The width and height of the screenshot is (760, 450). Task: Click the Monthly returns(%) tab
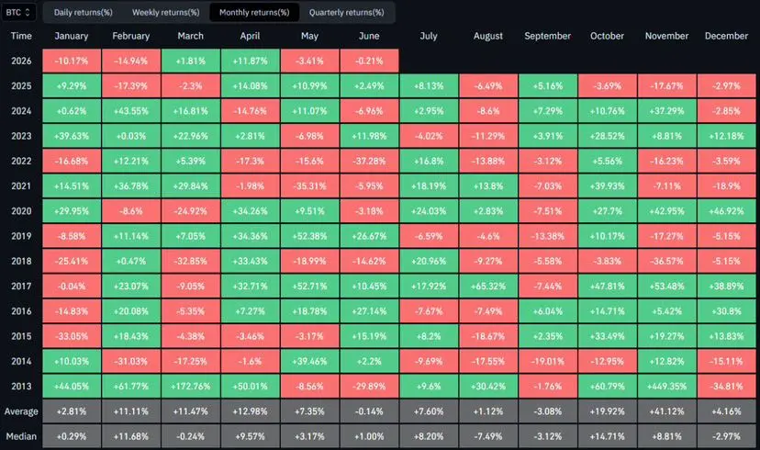[254, 13]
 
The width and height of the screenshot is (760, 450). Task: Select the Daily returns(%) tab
[83, 13]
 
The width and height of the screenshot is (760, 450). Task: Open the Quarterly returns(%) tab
[347, 13]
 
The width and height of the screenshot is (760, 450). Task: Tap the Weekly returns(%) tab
[166, 13]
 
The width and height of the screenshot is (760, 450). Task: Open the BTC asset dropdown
[18, 13]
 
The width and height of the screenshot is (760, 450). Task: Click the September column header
[548, 36]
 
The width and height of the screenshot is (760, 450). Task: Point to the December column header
[726, 36]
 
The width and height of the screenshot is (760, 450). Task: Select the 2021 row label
[21, 186]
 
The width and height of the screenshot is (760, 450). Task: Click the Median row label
[21, 436]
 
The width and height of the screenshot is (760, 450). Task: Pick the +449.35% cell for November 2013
[667, 387]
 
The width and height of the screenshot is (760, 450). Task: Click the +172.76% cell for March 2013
[191, 387]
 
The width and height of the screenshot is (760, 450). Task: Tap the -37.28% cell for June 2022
[369, 161]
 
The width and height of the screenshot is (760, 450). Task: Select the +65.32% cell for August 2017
[488, 287]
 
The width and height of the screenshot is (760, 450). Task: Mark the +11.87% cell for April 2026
[250, 62]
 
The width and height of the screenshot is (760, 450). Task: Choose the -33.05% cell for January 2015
[72, 336]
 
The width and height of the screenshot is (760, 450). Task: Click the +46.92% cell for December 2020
[726, 211]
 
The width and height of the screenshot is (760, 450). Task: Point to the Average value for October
[608, 411]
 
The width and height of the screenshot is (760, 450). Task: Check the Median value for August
[488, 436]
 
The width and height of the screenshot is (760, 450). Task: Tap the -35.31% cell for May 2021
[309, 186]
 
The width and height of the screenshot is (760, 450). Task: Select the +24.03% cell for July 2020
[429, 211]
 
